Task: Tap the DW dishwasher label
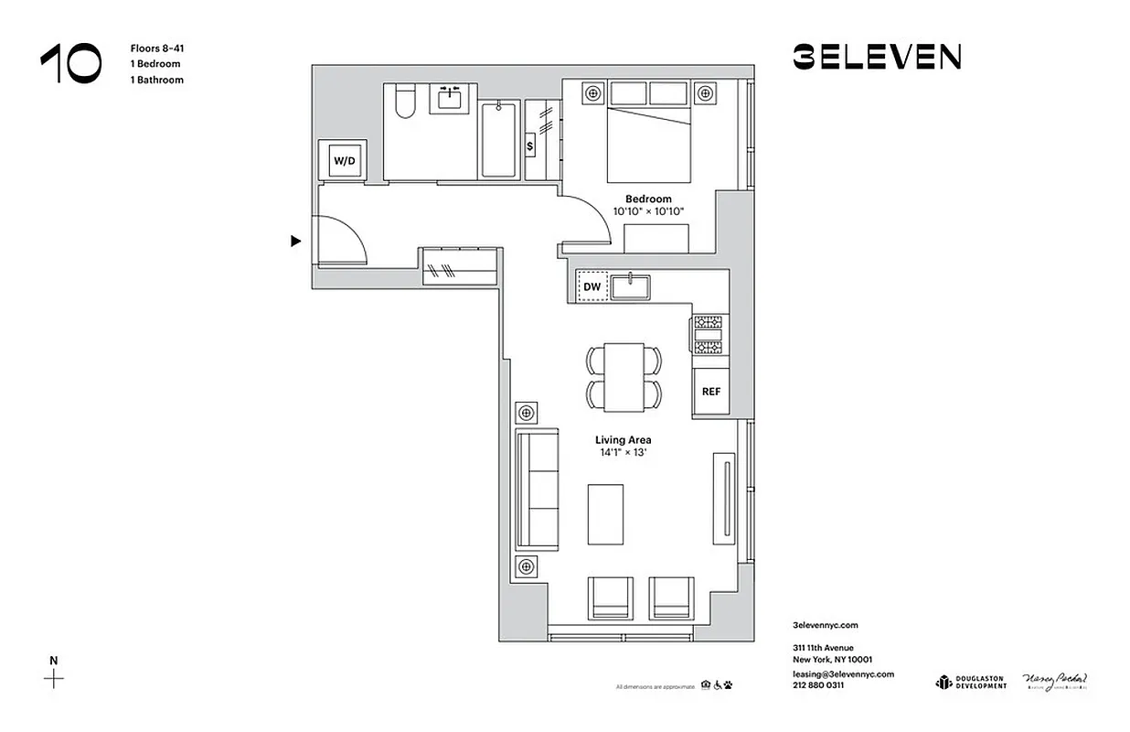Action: point(592,287)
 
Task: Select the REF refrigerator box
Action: point(710,392)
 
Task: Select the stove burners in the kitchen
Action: point(709,335)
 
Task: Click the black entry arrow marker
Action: point(295,242)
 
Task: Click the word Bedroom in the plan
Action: point(648,199)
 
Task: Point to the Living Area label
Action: point(623,440)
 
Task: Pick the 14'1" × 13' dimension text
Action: point(623,453)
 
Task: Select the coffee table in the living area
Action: point(605,514)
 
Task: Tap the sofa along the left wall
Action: point(537,490)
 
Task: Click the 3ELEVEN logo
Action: point(876,57)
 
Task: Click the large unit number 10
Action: point(71,64)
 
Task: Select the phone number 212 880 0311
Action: point(818,684)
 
